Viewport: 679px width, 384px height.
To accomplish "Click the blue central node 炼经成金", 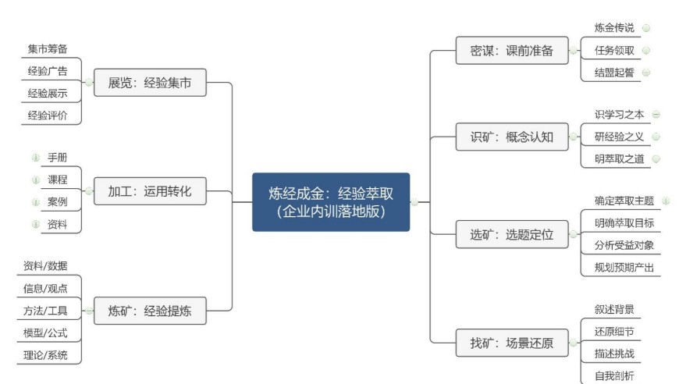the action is (331, 202).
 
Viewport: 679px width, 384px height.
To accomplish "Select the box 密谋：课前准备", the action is (512, 51).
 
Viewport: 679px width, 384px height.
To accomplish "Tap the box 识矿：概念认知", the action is (512, 137).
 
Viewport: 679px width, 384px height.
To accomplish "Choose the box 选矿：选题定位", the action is (512, 235).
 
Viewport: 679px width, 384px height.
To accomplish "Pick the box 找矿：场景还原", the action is (512, 343).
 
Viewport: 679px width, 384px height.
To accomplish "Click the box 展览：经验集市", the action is (150, 83).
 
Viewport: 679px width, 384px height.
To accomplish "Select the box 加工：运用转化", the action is (150, 191).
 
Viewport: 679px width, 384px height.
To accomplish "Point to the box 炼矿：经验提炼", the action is (150, 311).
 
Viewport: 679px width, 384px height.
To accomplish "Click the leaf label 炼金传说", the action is (614, 28).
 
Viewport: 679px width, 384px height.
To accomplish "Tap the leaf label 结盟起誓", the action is (614, 73).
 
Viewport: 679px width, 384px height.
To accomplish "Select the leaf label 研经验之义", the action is (619, 137).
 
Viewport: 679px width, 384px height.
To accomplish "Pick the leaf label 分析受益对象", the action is (624, 246).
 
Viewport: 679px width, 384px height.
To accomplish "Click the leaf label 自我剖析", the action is (614, 375).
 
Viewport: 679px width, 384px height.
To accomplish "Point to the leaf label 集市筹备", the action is (48, 49).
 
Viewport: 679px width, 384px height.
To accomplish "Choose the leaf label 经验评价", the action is (48, 116).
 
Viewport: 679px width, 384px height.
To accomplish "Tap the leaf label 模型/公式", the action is (45, 333).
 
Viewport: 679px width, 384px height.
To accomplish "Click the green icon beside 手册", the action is (35, 158).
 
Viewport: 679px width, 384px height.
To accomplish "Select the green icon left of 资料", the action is (35, 224).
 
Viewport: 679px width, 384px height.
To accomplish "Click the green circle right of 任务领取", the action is (646, 50).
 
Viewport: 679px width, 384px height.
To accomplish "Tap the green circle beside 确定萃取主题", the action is (666, 201).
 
